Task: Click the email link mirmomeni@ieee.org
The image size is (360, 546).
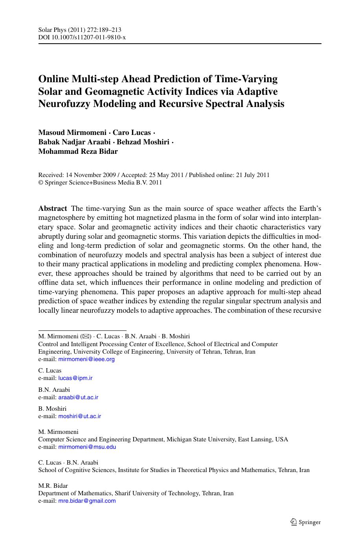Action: [x=86, y=359]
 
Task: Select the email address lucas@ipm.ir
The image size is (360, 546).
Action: [x=75, y=378]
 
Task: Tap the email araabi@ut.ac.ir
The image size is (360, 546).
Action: [x=78, y=397]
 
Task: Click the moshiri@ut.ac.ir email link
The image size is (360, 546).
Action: [x=80, y=416]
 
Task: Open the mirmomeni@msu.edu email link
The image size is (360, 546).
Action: [x=87, y=447]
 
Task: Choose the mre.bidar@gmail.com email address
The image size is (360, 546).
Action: [x=87, y=501]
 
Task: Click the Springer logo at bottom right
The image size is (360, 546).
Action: [x=305, y=522]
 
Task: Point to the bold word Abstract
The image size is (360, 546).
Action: [x=53, y=208]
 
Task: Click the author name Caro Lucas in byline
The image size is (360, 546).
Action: [x=132, y=133]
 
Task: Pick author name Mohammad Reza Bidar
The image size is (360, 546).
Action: [x=78, y=151]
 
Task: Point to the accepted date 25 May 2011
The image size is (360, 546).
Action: [x=165, y=175]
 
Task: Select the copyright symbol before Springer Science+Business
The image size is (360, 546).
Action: [x=40, y=183]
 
